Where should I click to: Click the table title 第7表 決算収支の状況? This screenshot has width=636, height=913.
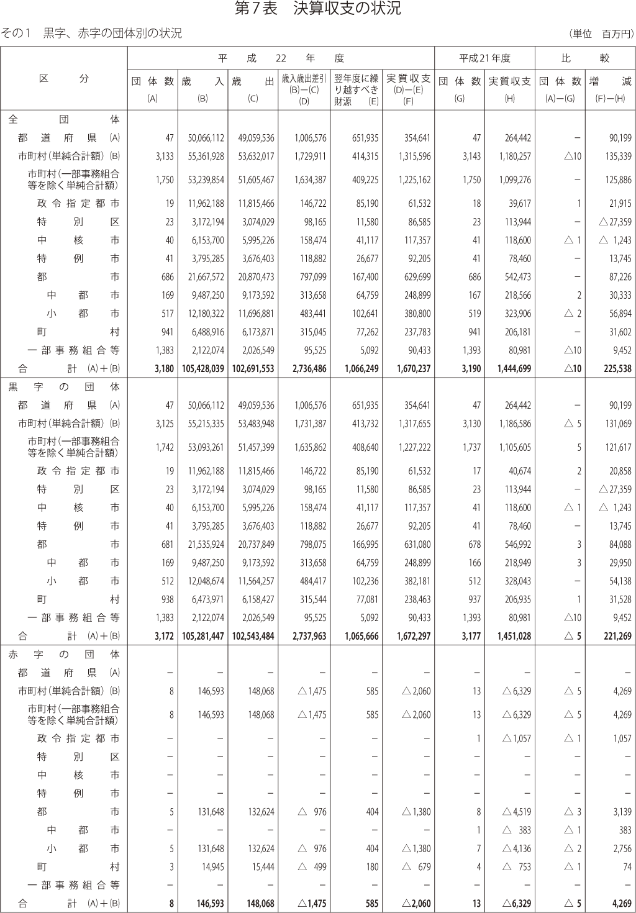point(317,8)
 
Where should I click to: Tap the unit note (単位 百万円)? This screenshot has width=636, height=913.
point(600,34)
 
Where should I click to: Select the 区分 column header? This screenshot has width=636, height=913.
point(64,79)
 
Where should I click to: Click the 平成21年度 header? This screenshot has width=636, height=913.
point(484,58)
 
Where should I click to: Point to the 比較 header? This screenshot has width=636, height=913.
point(584,58)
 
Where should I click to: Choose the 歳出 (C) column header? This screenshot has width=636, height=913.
point(253,88)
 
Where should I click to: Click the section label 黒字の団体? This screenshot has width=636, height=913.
point(64,387)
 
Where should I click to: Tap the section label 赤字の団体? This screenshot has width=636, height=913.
point(64,654)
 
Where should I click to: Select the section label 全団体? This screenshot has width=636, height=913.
point(64,119)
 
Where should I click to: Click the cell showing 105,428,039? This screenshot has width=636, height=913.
point(203,369)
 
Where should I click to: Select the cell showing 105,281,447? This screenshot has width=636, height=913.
point(203,636)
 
